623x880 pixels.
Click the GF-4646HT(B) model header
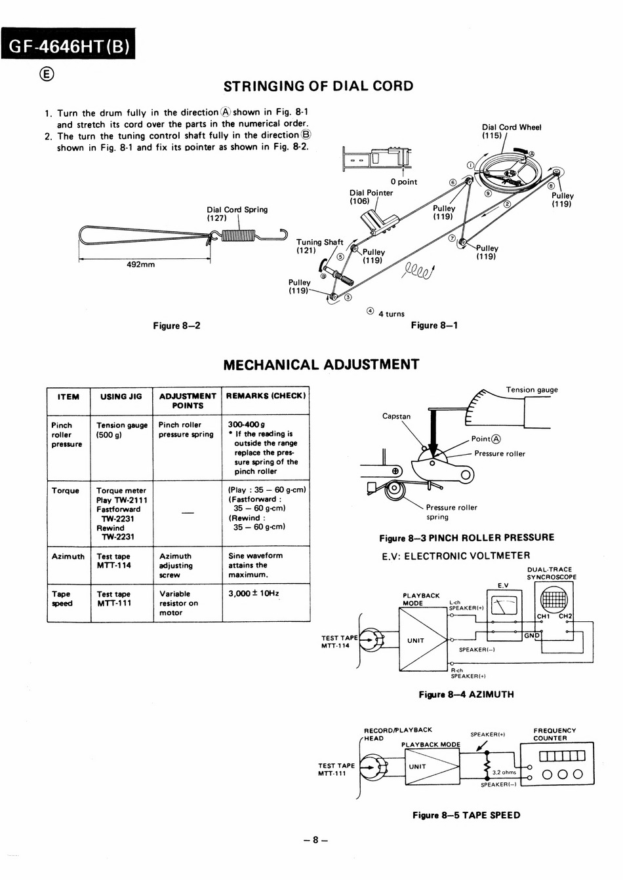point(68,46)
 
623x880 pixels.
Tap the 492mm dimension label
point(140,265)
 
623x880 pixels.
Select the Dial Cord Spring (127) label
point(237,214)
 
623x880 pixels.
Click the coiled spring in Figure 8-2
point(238,235)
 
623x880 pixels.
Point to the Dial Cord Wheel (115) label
point(511,131)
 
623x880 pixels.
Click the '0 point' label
point(404,182)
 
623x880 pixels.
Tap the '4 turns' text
point(392,314)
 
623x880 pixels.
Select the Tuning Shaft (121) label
point(319,246)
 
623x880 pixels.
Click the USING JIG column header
point(121,396)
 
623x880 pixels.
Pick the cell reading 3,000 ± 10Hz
point(253,594)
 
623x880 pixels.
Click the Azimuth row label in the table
point(68,556)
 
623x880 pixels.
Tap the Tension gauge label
point(532,390)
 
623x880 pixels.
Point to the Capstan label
point(396,416)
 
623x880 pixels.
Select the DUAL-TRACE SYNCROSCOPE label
point(552,573)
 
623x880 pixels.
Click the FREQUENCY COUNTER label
point(554,734)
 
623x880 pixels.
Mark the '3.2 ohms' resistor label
point(504,773)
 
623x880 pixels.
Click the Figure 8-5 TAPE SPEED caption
point(466,815)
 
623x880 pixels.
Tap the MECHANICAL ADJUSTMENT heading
point(321,365)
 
